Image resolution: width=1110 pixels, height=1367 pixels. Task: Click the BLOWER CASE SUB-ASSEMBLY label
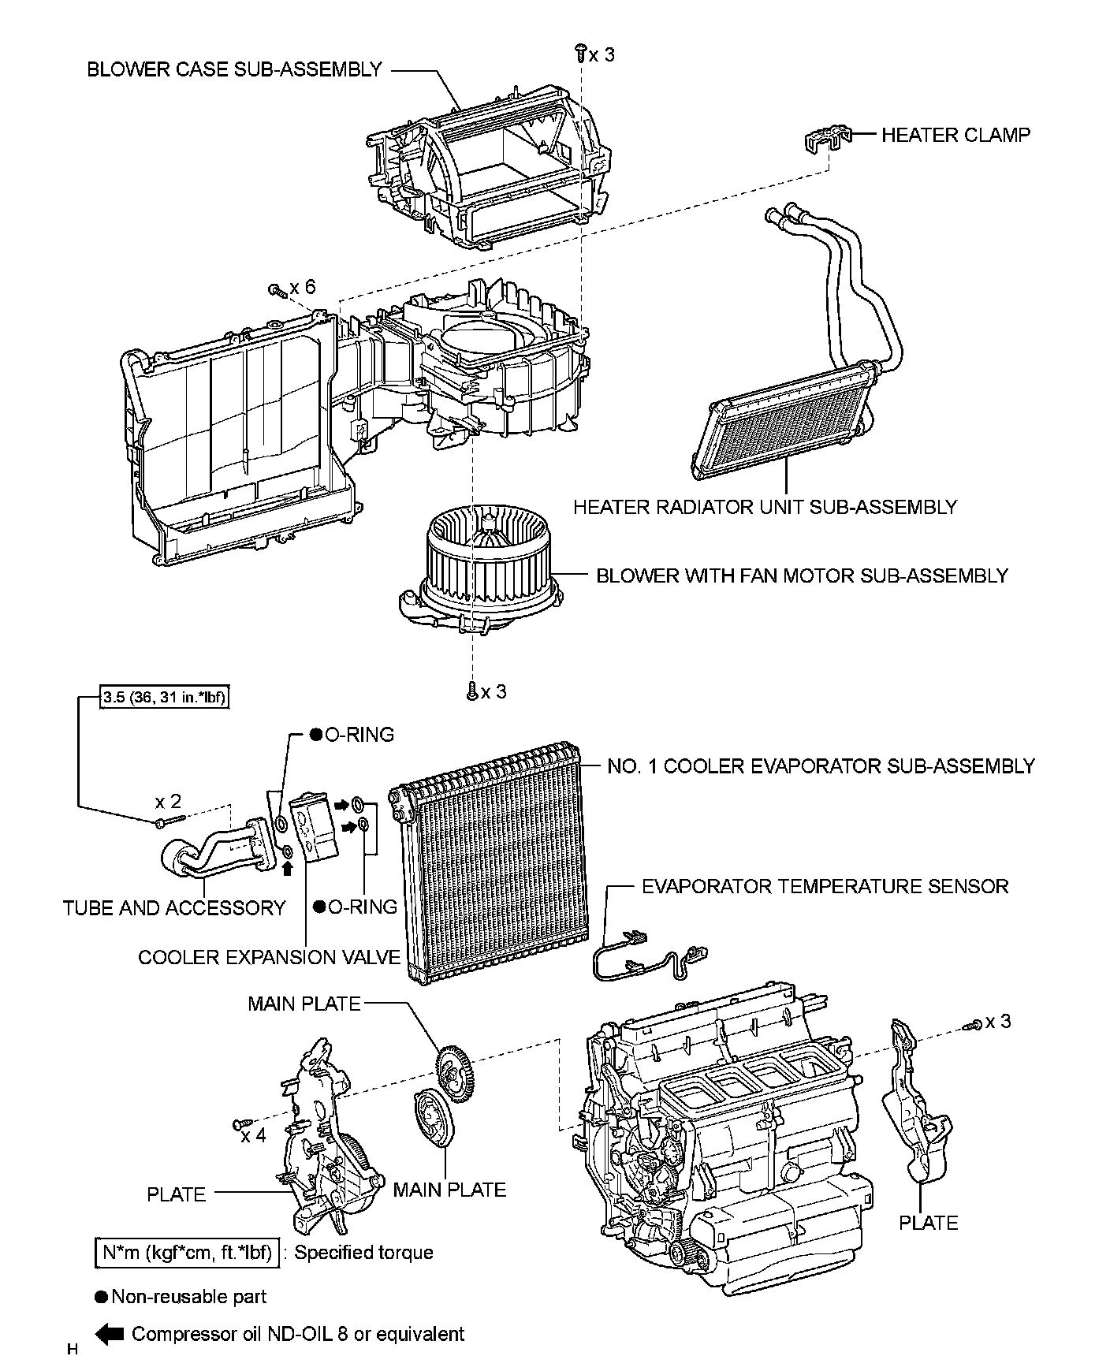[234, 69]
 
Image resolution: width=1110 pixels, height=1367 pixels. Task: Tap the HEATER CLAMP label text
[955, 135]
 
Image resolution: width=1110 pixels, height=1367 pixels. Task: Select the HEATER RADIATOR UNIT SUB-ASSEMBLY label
[765, 507]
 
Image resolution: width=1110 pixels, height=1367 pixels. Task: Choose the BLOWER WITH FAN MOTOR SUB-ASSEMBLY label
[802, 575]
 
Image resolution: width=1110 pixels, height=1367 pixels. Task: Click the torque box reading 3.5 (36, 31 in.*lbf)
[165, 698]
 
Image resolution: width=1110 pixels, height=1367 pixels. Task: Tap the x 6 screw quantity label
[302, 287]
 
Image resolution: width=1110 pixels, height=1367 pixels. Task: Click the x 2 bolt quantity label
[168, 802]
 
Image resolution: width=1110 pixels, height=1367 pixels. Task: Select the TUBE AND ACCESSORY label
[174, 908]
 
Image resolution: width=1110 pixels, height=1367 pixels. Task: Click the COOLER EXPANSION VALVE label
[269, 957]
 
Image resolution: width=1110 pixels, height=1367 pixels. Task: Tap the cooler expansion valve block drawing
[313, 828]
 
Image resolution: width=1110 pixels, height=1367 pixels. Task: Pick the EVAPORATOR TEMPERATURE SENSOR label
[825, 886]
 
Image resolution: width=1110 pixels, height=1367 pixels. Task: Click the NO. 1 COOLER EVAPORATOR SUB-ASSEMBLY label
[821, 765]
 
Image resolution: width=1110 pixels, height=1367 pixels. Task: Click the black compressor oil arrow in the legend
[110, 1334]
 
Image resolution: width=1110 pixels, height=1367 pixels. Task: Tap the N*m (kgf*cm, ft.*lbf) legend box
[187, 1253]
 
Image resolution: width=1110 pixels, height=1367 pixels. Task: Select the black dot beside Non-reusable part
[101, 1297]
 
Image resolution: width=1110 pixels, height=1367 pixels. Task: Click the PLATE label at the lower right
[928, 1223]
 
